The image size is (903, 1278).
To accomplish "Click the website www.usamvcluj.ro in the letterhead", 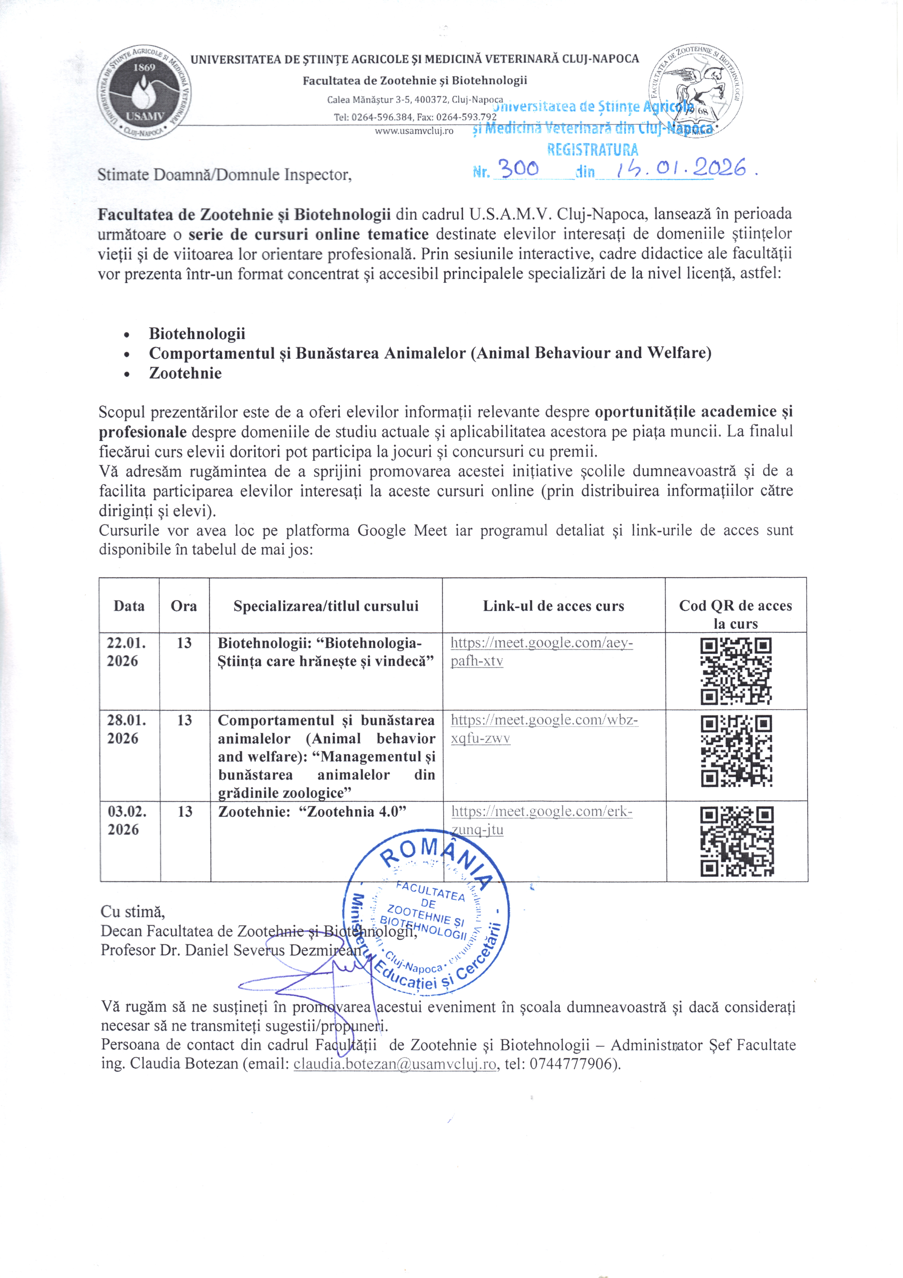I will pos(414,131).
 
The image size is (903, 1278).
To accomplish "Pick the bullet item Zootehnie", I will pos(185,373).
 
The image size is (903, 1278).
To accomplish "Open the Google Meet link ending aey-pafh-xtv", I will pos(541,652).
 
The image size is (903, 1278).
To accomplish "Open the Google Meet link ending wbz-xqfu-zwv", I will pos(544,729).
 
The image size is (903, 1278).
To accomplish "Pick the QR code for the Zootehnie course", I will pos(737,842).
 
